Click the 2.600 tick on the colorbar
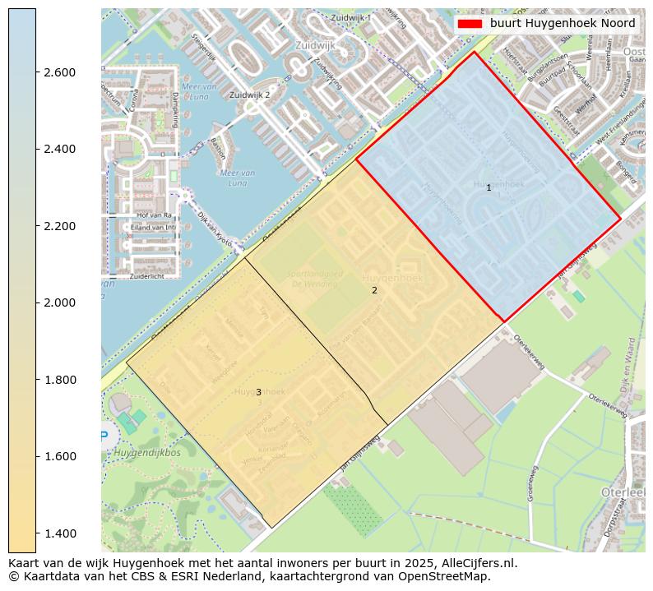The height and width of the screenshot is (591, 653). pos(59,72)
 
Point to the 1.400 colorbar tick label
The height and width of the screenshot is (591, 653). pos(59,533)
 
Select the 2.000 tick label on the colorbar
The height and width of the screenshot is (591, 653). pos(59,302)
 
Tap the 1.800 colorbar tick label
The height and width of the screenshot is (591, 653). pos(59,380)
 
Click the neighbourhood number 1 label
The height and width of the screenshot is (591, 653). pos(489,188)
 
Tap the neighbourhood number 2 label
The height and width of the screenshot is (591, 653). pos(374,290)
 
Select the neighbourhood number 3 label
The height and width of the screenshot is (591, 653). pos(258,393)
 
